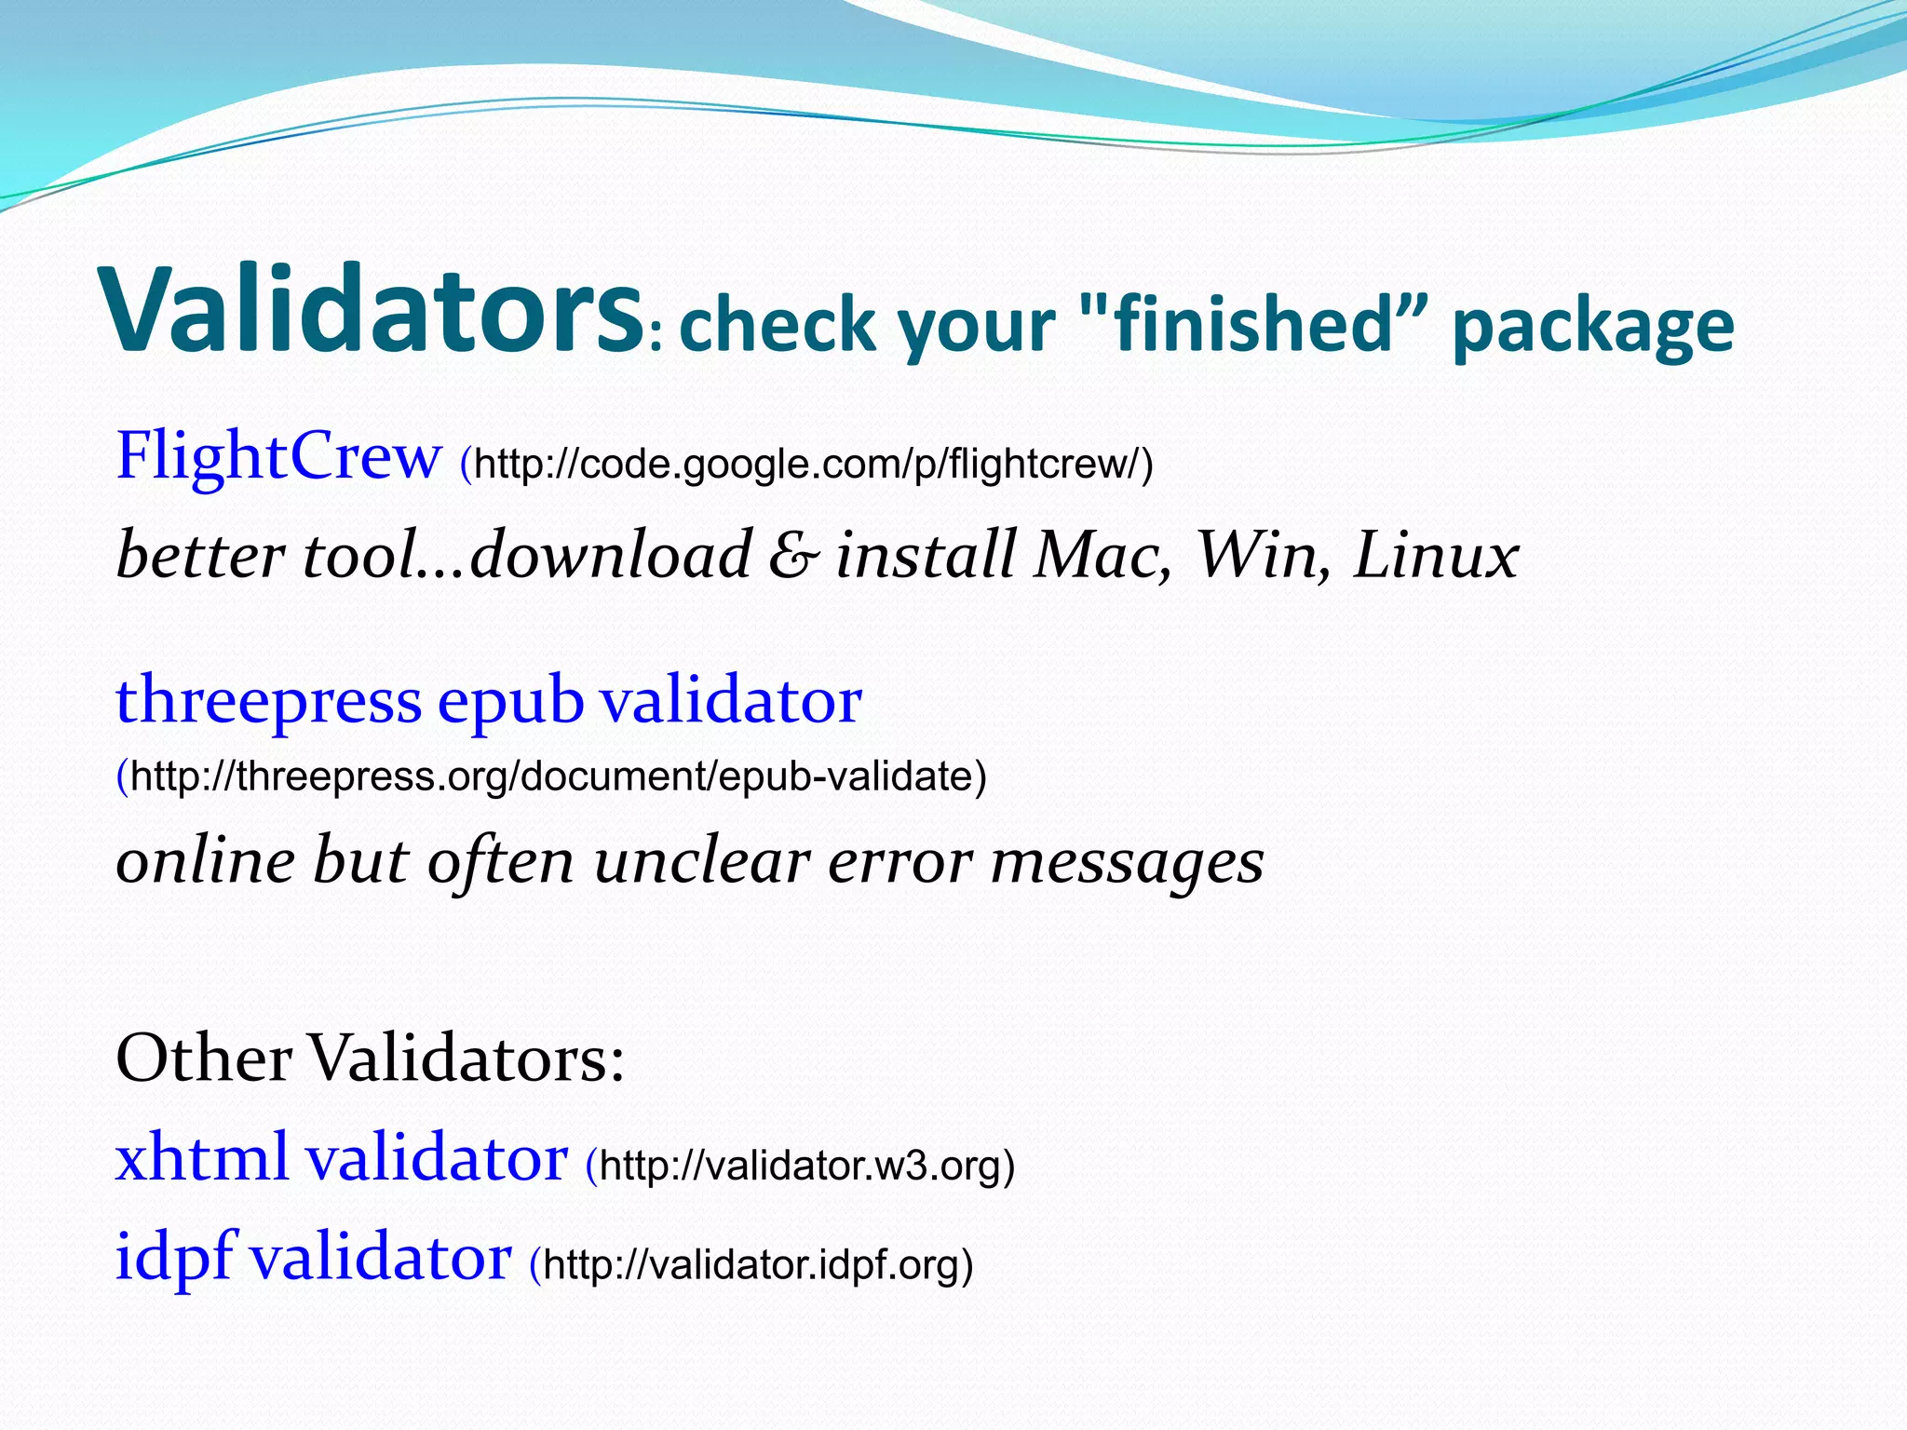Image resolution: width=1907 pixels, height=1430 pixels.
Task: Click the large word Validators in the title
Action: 372,312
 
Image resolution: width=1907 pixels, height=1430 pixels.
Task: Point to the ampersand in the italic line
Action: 793,556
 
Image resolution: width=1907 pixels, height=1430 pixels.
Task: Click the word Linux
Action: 1435,556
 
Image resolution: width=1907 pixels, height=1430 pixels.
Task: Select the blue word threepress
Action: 268,700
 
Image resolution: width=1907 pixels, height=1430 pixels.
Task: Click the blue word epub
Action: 509,700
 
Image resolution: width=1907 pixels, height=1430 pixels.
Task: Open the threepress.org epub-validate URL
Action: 557,776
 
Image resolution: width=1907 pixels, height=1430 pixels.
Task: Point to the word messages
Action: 1127,862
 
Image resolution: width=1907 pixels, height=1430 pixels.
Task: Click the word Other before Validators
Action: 203,1059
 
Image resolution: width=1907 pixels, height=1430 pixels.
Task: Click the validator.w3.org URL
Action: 806,1166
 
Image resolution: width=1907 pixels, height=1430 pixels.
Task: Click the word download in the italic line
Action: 610,556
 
